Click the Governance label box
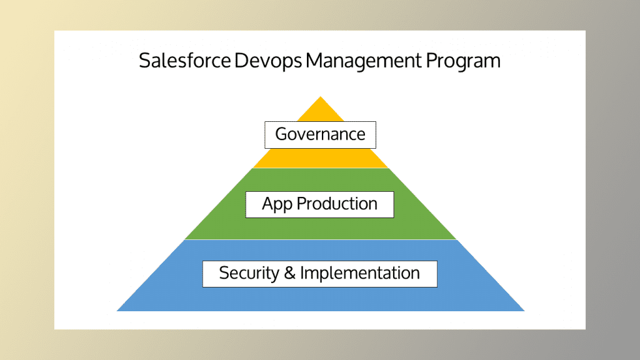click(x=320, y=134)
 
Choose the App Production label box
click(x=319, y=204)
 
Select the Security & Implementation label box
click(x=319, y=274)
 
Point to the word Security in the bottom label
click(x=247, y=273)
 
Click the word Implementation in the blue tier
click(x=360, y=273)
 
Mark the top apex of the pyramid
click(x=320, y=97)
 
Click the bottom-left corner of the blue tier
click(x=118, y=310)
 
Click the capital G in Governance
click(x=281, y=134)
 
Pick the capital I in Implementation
click(x=302, y=273)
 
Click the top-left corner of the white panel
click(x=55, y=31)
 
